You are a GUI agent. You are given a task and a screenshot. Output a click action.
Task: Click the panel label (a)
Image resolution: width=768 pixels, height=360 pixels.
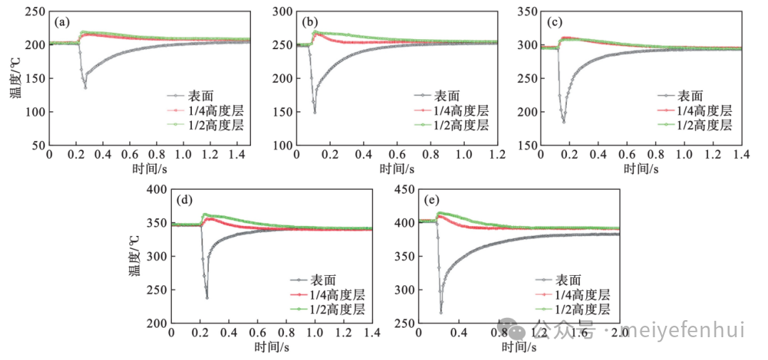(x=63, y=22)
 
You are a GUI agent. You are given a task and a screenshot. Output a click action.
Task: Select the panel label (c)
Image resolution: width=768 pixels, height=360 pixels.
(x=554, y=22)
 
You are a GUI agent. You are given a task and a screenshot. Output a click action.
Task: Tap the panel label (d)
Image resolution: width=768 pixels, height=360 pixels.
(x=185, y=201)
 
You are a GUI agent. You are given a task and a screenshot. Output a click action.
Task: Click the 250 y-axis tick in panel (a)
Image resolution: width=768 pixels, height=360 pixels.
(x=36, y=11)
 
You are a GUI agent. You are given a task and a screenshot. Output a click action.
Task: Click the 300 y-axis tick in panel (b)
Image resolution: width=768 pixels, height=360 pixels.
(x=282, y=11)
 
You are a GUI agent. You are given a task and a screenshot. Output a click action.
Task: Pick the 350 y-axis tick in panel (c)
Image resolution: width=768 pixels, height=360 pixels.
(x=528, y=11)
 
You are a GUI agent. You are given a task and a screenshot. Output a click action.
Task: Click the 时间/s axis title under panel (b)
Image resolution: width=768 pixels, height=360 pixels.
(x=396, y=168)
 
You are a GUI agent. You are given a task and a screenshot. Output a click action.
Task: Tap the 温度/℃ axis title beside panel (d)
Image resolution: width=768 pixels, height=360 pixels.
(x=134, y=256)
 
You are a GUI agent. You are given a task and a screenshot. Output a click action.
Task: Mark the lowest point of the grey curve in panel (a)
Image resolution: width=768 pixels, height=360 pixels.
(x=86, y=87)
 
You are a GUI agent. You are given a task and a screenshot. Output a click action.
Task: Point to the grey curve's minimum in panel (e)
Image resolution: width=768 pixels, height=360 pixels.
(x=441, y=312)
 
